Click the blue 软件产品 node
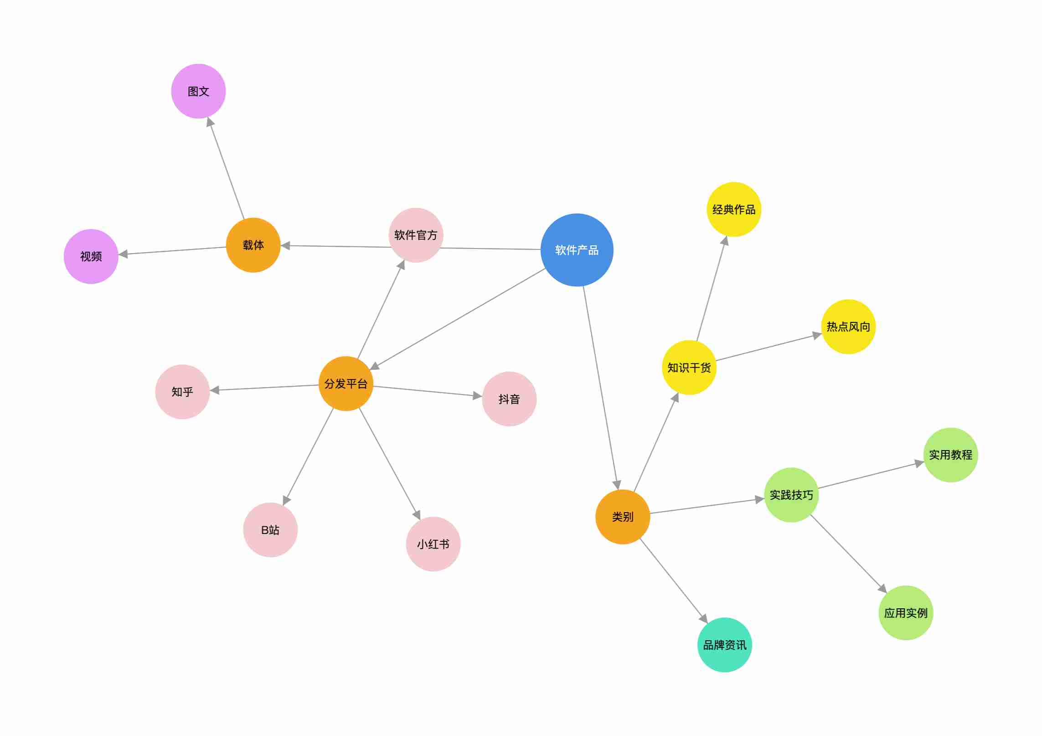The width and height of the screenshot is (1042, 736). [x=577, y=250]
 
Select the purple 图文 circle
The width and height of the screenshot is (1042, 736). [x=198, y=91]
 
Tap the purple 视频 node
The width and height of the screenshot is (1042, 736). [x=91, y=256]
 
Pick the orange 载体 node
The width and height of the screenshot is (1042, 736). [x=253, y=245]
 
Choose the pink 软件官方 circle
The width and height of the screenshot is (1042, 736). [x=416, y=235]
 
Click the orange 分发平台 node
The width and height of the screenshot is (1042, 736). [x=346, y=384]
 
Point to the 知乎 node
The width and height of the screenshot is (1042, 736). [x=182, y=392]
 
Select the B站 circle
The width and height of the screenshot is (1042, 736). [x=270, y=530]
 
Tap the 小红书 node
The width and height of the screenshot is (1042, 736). [x=433, y=544]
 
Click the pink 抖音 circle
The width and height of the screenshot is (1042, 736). [x=509, y=399]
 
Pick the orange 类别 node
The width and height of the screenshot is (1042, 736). [x=623, y=517]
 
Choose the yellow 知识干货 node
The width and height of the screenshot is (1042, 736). [x=689, y=368]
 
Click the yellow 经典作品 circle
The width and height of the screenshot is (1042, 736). [x=734, y=209]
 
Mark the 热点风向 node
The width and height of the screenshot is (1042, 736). [x=848, y=327]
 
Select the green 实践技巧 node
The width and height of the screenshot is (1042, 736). [x=791, y=495]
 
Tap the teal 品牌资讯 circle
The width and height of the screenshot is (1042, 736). [x=725, y=645]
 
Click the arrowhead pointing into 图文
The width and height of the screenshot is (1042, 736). [x=210, y=122]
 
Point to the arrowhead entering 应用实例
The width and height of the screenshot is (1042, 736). [x=882, y=588]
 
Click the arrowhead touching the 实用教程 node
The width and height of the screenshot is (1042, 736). [x=919, y=464]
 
